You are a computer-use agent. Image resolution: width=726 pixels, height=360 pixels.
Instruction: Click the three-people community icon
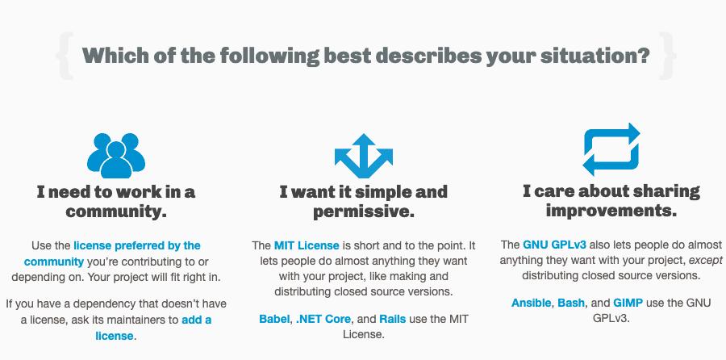click(x=116, y=156)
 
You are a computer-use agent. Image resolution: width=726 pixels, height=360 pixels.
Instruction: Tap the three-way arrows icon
click(x=364, y=156)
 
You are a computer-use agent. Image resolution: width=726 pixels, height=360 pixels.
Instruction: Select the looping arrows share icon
click(x=611, y=149)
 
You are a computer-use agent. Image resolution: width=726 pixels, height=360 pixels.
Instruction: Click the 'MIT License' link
click(x=307, y=245)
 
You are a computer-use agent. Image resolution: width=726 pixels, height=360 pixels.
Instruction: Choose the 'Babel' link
click(x=274, y=319)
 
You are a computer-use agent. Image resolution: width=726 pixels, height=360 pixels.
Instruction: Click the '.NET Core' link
click(x=323, y=319)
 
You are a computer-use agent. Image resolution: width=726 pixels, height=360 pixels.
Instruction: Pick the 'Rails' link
click(x=393, y=319)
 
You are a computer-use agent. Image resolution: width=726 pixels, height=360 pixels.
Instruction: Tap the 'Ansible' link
click(x=531, y=303)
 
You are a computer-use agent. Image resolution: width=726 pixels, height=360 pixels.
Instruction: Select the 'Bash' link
click(x=572, y=303)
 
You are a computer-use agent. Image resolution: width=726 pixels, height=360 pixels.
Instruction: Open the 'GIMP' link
click(x=628, y=303)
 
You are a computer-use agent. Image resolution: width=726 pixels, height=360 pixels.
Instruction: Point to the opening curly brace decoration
click(x=65, y=56)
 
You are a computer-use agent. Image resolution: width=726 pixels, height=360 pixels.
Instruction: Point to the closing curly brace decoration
click(x=667, y=56)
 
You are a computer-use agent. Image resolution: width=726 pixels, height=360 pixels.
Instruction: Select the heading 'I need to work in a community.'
click(x=116, y=202)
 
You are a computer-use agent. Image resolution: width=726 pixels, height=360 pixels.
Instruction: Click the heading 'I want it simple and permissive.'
click(x=364, y=202)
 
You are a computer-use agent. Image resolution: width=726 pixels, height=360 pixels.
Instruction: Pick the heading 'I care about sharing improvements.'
click(x=611, y=201)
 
